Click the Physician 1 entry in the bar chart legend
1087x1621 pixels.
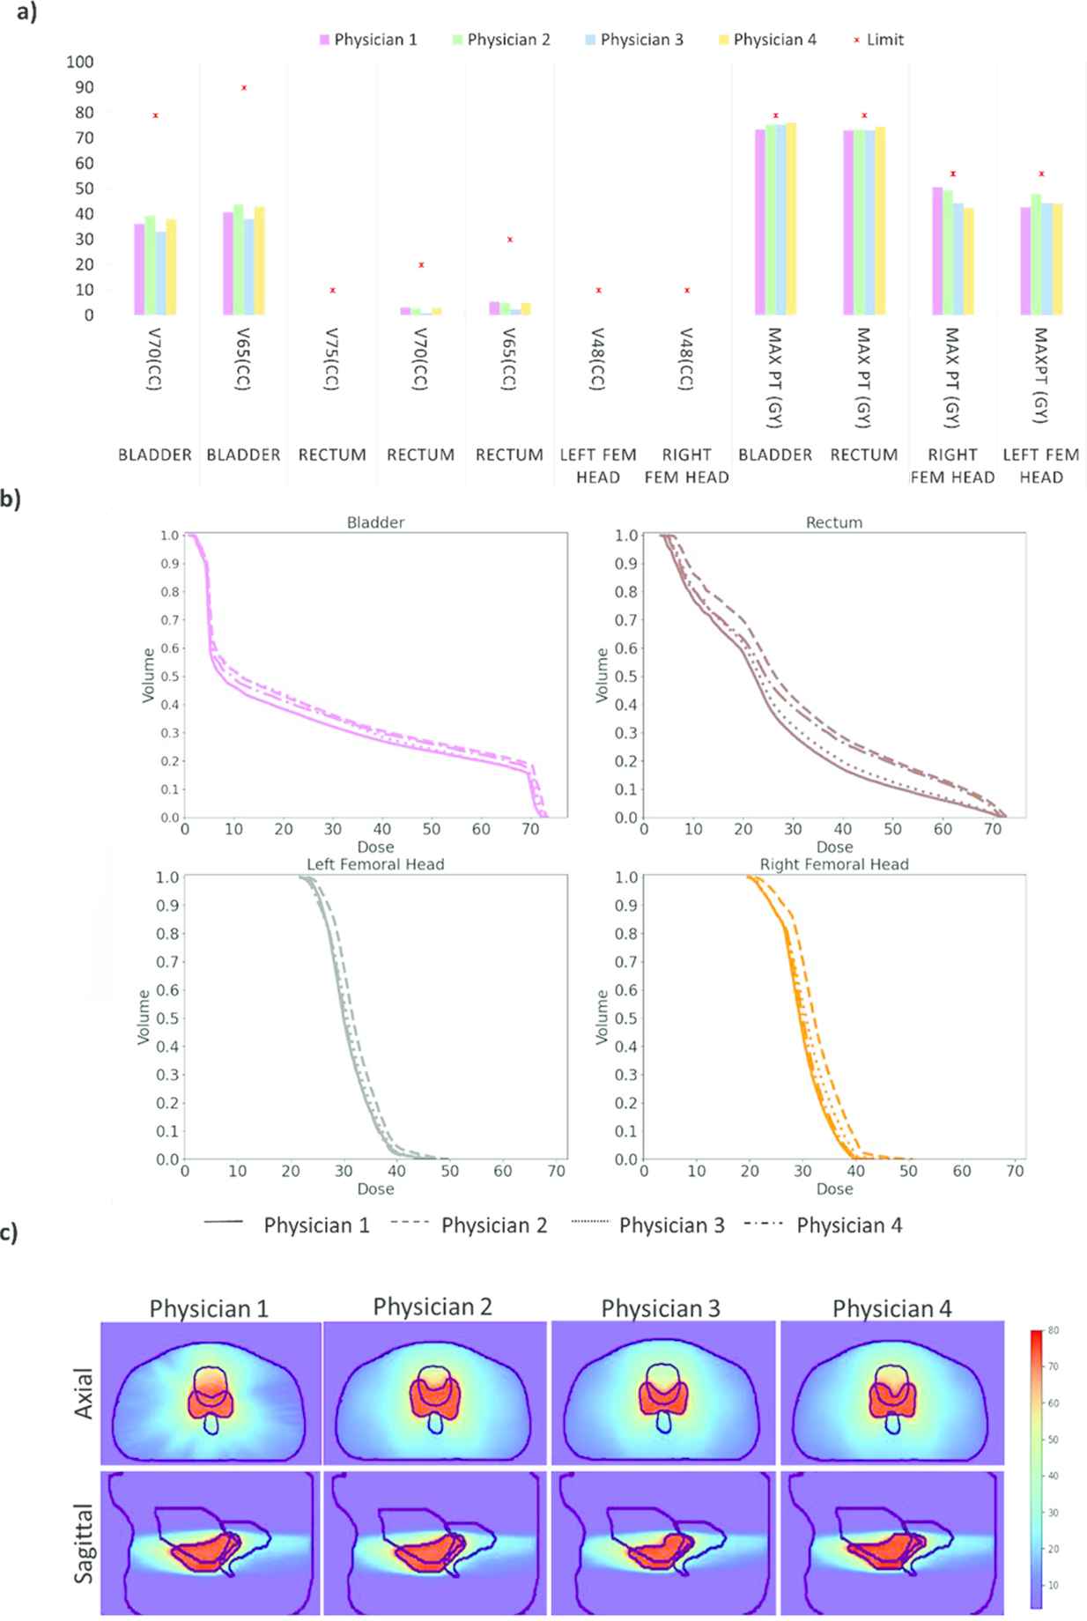pos(367,40)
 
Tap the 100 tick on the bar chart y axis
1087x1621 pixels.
pos(79,62)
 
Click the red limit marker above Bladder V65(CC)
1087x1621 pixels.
pos(244,88)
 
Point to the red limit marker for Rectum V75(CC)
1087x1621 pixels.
pos(332,290)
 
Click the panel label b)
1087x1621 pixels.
pos(10,499)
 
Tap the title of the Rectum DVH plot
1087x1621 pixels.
pos(833,522)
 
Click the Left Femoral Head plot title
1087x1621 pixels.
pos(375,864)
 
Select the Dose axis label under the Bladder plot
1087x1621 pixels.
pos(375,847)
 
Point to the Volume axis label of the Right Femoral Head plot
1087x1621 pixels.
pos(603,1018)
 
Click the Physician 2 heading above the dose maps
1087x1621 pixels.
pos(432,1306)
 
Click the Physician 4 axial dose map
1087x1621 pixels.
pos(892,1392)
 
